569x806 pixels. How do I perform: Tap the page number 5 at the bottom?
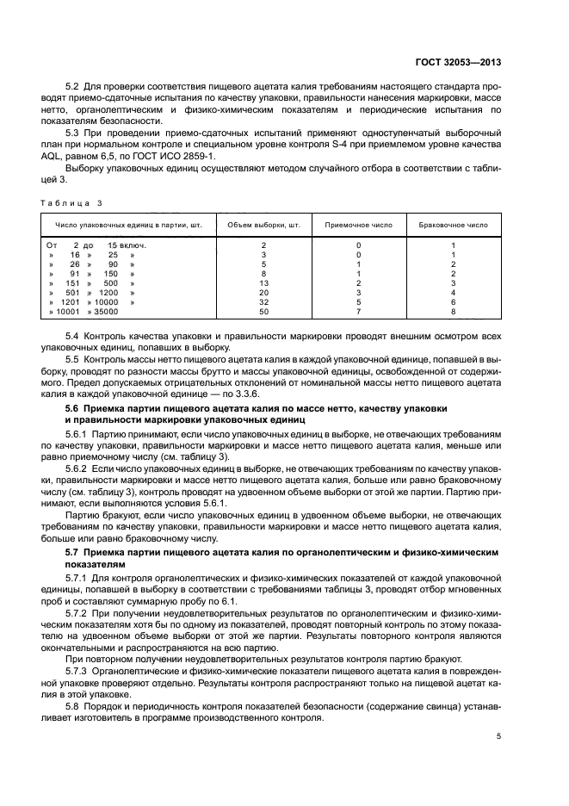(498, 736)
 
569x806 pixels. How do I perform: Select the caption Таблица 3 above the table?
(71, 202)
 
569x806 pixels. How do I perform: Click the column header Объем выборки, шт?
(263, 224)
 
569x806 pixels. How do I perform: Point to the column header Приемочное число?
(358, 224)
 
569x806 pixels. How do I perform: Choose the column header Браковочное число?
(453, 224)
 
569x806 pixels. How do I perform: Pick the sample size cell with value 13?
(263, 283)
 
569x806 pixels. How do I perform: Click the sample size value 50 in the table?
(263, 312)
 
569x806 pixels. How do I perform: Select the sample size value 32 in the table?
(263, 302)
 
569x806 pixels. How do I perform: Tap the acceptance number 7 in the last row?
(358, 312)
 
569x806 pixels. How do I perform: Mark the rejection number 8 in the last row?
(453, 312)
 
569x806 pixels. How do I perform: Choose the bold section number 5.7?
(76, 549)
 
